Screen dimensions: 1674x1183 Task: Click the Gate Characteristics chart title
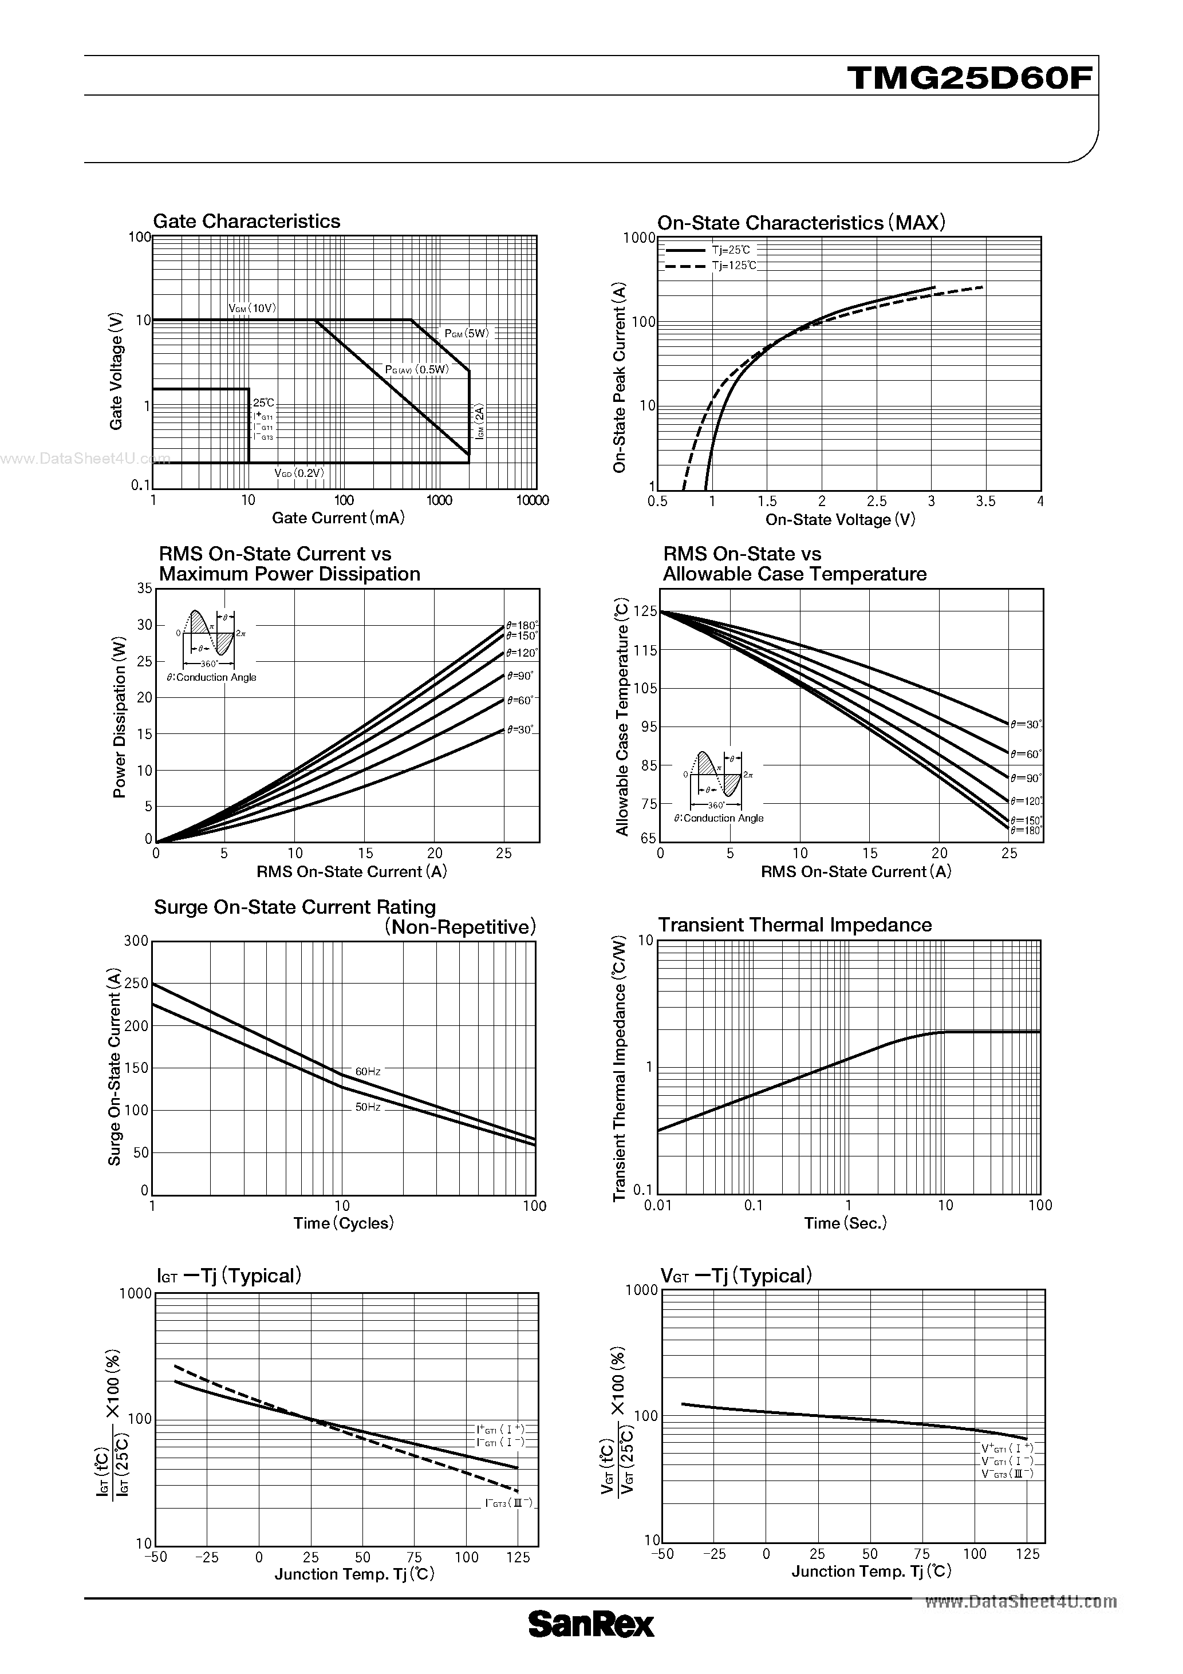[247, 221]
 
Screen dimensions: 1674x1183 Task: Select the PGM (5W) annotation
[467, 334]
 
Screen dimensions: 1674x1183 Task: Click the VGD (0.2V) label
[299, 472]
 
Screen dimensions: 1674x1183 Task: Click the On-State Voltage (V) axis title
[840, 520]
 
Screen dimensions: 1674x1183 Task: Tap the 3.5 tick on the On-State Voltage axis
[985, 502]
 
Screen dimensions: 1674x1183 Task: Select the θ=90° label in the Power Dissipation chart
[520, 676]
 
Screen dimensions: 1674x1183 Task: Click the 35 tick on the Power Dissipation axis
[144, 589]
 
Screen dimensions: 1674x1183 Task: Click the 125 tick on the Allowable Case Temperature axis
[645, 611]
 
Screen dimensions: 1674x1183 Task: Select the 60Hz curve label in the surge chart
[368, 1071]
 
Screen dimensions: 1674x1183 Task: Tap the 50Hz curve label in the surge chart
[368, 1107]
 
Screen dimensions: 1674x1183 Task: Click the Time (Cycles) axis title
[344, 1223]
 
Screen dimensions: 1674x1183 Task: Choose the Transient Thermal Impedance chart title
[795, 925]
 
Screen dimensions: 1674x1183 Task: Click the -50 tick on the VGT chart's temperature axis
[663, 1554]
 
